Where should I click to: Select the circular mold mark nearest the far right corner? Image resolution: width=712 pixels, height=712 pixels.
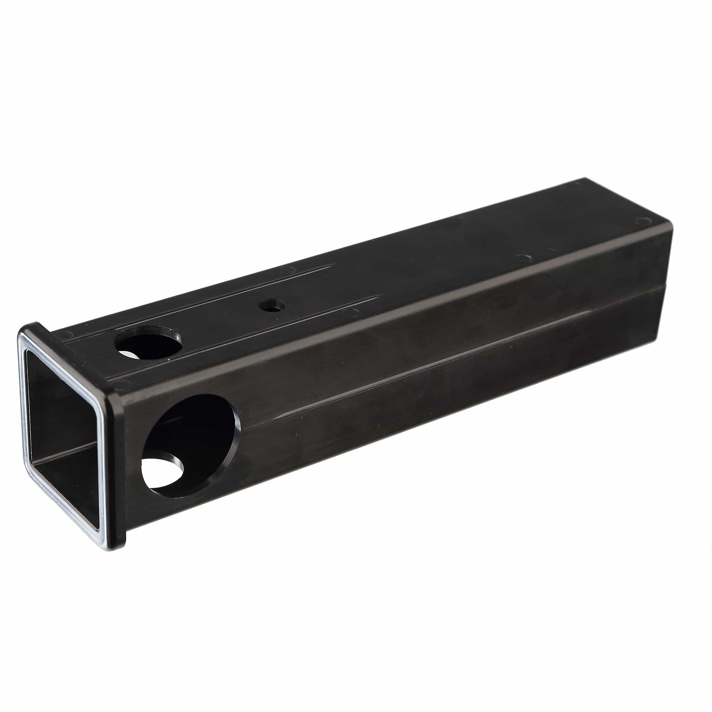tap(643, 221)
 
